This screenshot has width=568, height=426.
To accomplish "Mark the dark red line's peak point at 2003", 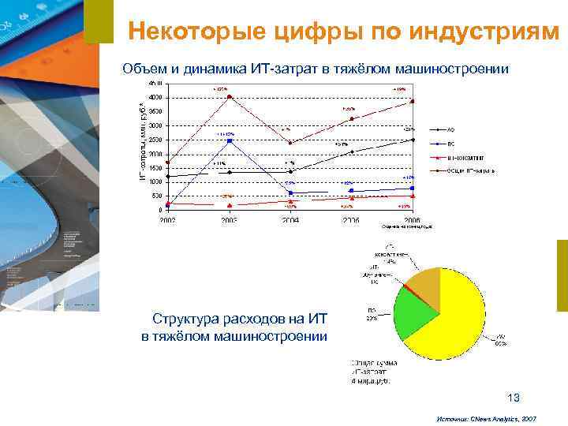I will click(229, 97).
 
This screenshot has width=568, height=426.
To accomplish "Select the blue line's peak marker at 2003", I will click(229, 141).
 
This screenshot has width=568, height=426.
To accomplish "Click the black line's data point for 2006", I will click(412, 140).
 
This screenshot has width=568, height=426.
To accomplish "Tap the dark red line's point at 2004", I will click(290, 143).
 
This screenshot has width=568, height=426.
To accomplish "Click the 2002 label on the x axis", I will click(167, 220).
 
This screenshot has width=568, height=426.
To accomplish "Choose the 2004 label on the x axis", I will click(290, 220).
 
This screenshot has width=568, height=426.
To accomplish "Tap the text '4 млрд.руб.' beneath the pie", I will click(370, 380).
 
